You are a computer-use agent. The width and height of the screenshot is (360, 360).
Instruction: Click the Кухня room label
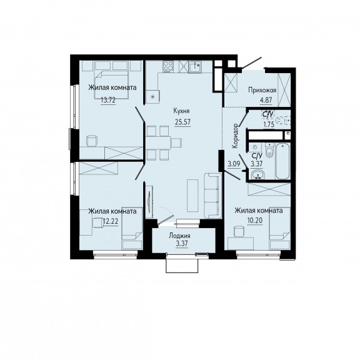[181, 111]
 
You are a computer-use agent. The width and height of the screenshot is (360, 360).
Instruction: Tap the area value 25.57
[182, 122]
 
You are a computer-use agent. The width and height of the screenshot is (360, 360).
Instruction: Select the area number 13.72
[108, 100]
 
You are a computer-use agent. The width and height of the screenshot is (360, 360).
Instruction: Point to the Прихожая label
[262, 90]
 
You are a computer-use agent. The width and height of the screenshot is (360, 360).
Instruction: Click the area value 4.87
[266, 101]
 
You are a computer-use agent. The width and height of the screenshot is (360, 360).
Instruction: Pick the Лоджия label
[179, 236]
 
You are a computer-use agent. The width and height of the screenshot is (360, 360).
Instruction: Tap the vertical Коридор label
[235, 136]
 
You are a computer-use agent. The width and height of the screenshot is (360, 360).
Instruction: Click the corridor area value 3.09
[234, 164]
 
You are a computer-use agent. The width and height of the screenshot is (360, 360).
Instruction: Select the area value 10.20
[255, 221]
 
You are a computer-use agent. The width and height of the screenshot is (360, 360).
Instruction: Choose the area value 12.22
[111, 221]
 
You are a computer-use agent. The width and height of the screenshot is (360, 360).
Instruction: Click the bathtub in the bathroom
[282, 161]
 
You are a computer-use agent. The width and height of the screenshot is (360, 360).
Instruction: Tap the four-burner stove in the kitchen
[168, 66]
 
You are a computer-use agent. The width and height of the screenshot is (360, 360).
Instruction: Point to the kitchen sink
[195, 66]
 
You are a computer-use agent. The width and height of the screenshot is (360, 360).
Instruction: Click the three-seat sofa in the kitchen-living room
[213, 196]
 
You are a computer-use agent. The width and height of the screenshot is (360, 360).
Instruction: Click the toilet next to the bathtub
[269, 150]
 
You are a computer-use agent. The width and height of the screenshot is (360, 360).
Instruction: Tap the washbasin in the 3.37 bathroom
[257, 175]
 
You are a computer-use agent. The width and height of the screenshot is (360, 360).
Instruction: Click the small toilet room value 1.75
[269, 125]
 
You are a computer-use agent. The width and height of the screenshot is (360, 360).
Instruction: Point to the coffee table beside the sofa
[192, 196]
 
